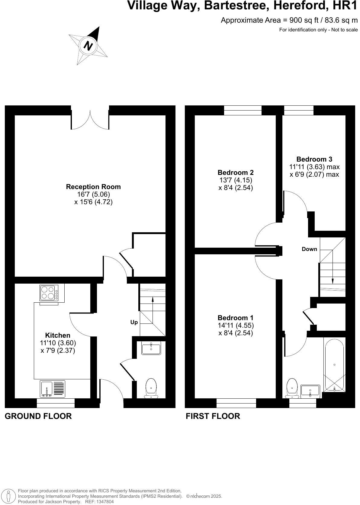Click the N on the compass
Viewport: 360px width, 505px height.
(x=88, y=46)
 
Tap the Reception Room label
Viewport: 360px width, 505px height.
(x=93, y=187)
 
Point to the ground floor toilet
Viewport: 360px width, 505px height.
(x=151, y=388)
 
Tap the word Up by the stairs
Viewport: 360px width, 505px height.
(x=134, y=322)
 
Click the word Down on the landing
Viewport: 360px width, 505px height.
(x=309, y=249)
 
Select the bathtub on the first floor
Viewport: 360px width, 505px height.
(x=334, y=365)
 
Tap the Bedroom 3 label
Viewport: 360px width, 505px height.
(x=314, y=159)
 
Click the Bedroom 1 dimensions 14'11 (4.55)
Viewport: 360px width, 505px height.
(x=236, y=326)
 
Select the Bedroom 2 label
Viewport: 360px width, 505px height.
(x=236, y=172)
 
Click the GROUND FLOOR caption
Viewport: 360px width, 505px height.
(x=38, y=416)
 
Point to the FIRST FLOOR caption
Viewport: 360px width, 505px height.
(x=213, y=416)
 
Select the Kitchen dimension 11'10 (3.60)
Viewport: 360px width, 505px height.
(x=58, y=343)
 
